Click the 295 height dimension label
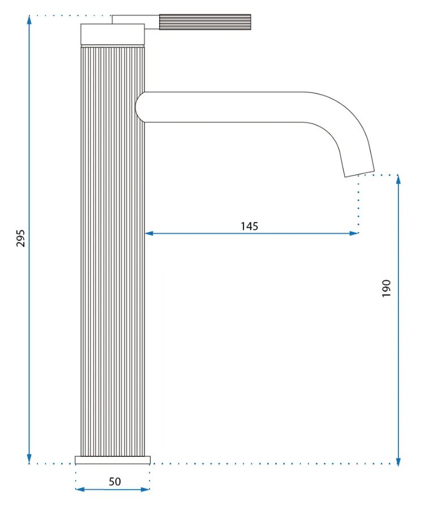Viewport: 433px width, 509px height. pyautogui.click(x=20, y=238)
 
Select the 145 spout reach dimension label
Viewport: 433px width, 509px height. pyautogui.click(x=249, y=226)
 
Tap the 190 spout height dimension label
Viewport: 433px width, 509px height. pyautogui.click(x=386, y=288)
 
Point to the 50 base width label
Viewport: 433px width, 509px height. pyautogui.click(x=114, y=481)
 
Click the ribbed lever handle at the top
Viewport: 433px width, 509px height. pyautogui.click(x=205, y=22)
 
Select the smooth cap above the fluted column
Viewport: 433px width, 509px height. pyautogui.click(x=113, y=34)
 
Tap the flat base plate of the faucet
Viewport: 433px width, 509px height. pyautogui.click(x=113, y=460)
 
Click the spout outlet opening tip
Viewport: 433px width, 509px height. pyautogui.click(x=359, y=174)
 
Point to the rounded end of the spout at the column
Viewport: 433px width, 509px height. pyautogui.click(x=139, y=107)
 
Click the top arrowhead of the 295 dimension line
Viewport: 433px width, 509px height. pyautogui.click(x=29, y=19)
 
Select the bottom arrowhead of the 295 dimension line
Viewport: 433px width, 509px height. pyautogui.click(x=29, y=459)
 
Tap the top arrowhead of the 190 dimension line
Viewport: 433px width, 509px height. pyautogui.click(x=398, y=179)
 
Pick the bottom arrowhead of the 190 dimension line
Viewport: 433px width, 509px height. pyautogui.click(x=398, y=461)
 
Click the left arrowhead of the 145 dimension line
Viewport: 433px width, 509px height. pyautogui.click(x=149, y=233)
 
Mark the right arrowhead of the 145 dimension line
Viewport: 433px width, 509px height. pyautogui.click(x=354, y=233)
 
